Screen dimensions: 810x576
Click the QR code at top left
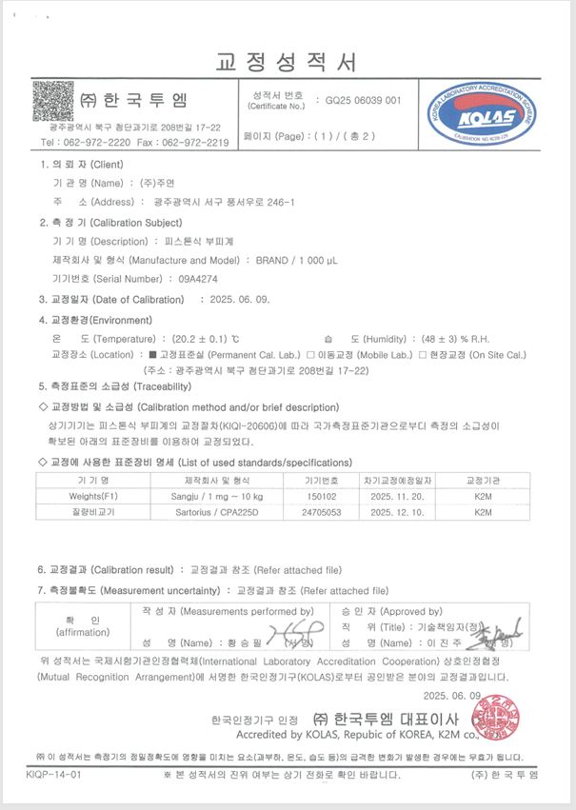(53, 101)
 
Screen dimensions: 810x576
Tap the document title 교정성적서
(288, 64)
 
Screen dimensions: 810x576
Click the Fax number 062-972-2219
(196, 142)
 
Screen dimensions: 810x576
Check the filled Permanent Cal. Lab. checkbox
(152, 355)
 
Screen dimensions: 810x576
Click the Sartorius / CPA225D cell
(214, 512)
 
